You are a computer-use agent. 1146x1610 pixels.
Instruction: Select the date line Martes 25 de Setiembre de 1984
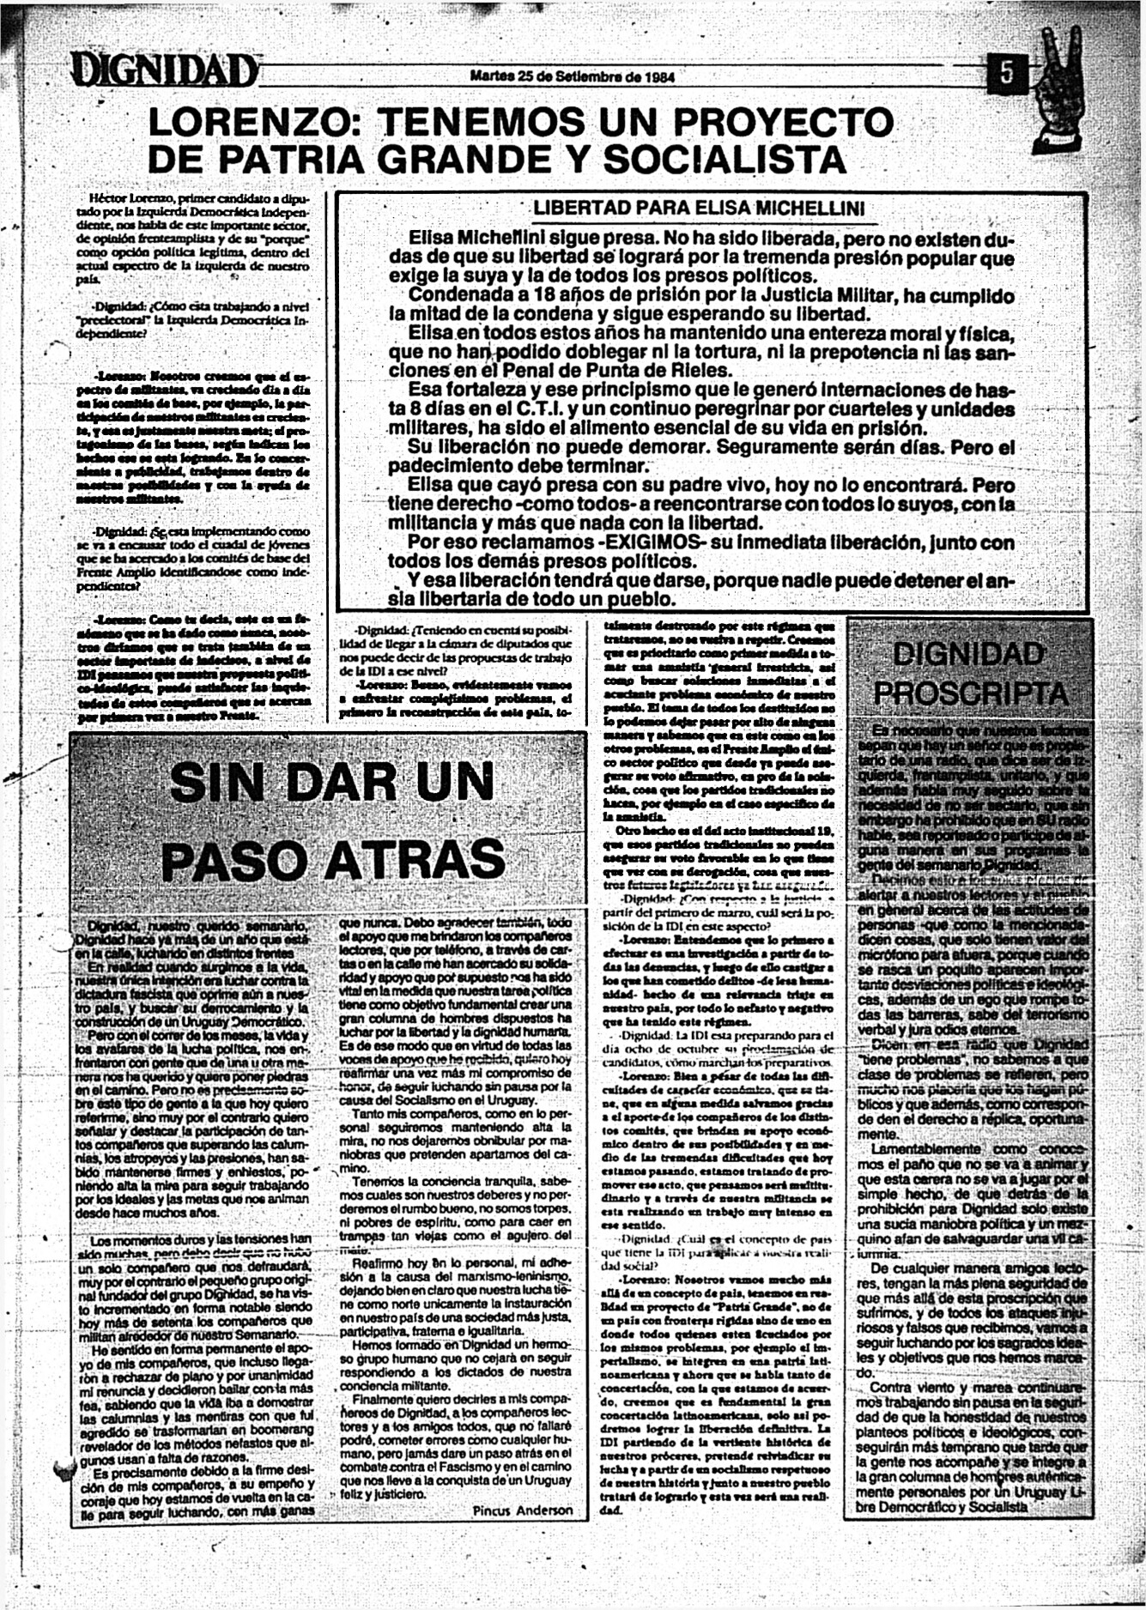click(x=573, y=76)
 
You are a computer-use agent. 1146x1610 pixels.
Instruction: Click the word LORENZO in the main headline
click(x=256, y=123)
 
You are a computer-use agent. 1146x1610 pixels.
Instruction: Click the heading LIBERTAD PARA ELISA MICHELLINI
click(x=699, y=208)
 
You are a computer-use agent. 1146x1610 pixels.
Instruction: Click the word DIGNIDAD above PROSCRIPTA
click(x=968, y=654)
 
